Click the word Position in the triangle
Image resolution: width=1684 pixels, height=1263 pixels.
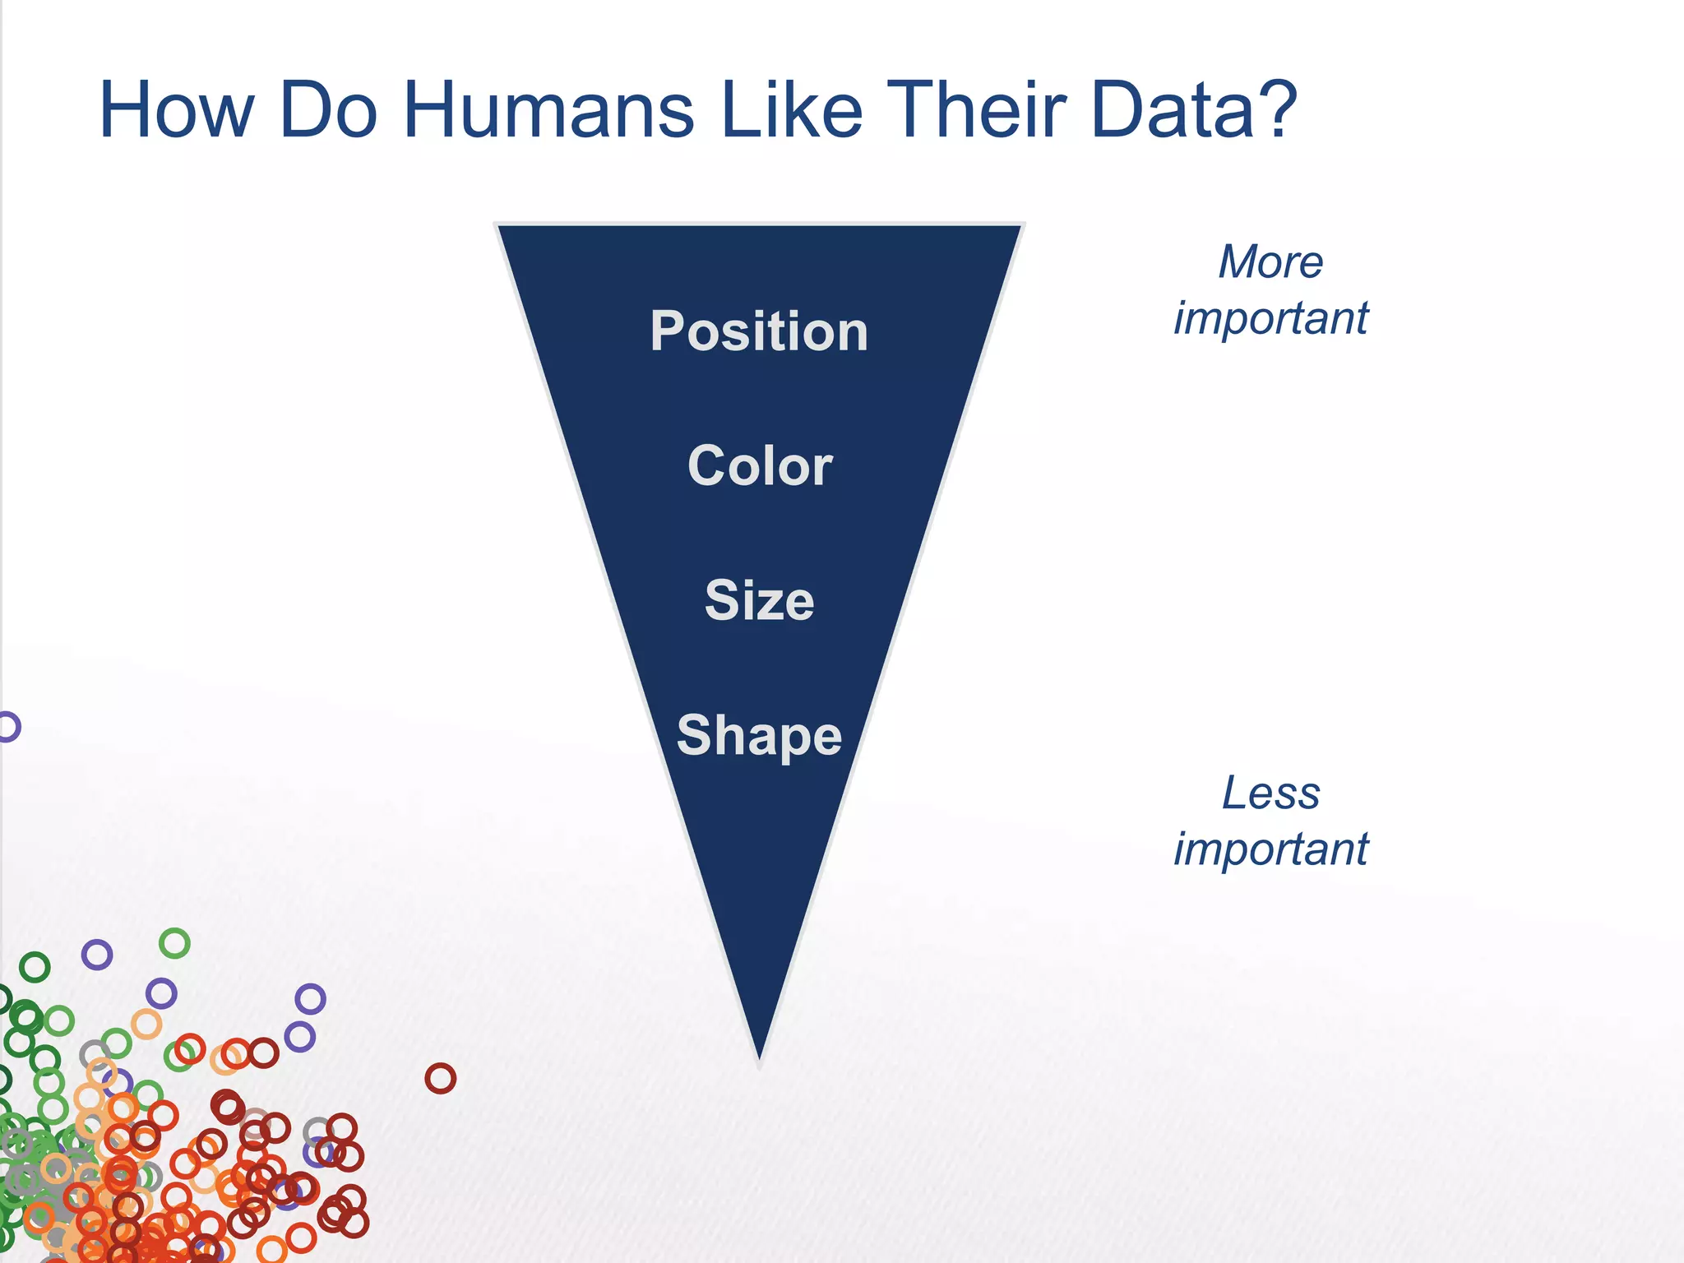(x=759, y=331)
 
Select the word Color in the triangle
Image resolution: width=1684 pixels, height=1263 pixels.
(x=760, y=466)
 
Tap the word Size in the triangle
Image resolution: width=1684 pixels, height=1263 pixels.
(x=759, y=600)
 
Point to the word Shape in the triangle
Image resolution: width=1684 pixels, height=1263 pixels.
(x=759, y=735)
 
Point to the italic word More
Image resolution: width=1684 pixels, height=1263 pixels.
(x=1270, y=262)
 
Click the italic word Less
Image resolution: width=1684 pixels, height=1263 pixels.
(x=1270, y=793)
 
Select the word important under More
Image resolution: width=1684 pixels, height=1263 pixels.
(x=1270, y=318)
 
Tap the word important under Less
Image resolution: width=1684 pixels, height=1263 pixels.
(x=1270, y=849)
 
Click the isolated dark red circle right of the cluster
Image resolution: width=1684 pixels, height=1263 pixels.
(x=440, y=1078)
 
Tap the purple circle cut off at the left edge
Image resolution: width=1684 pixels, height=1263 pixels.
(x=7, y=727)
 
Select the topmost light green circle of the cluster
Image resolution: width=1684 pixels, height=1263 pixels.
(x=174, y=943)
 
